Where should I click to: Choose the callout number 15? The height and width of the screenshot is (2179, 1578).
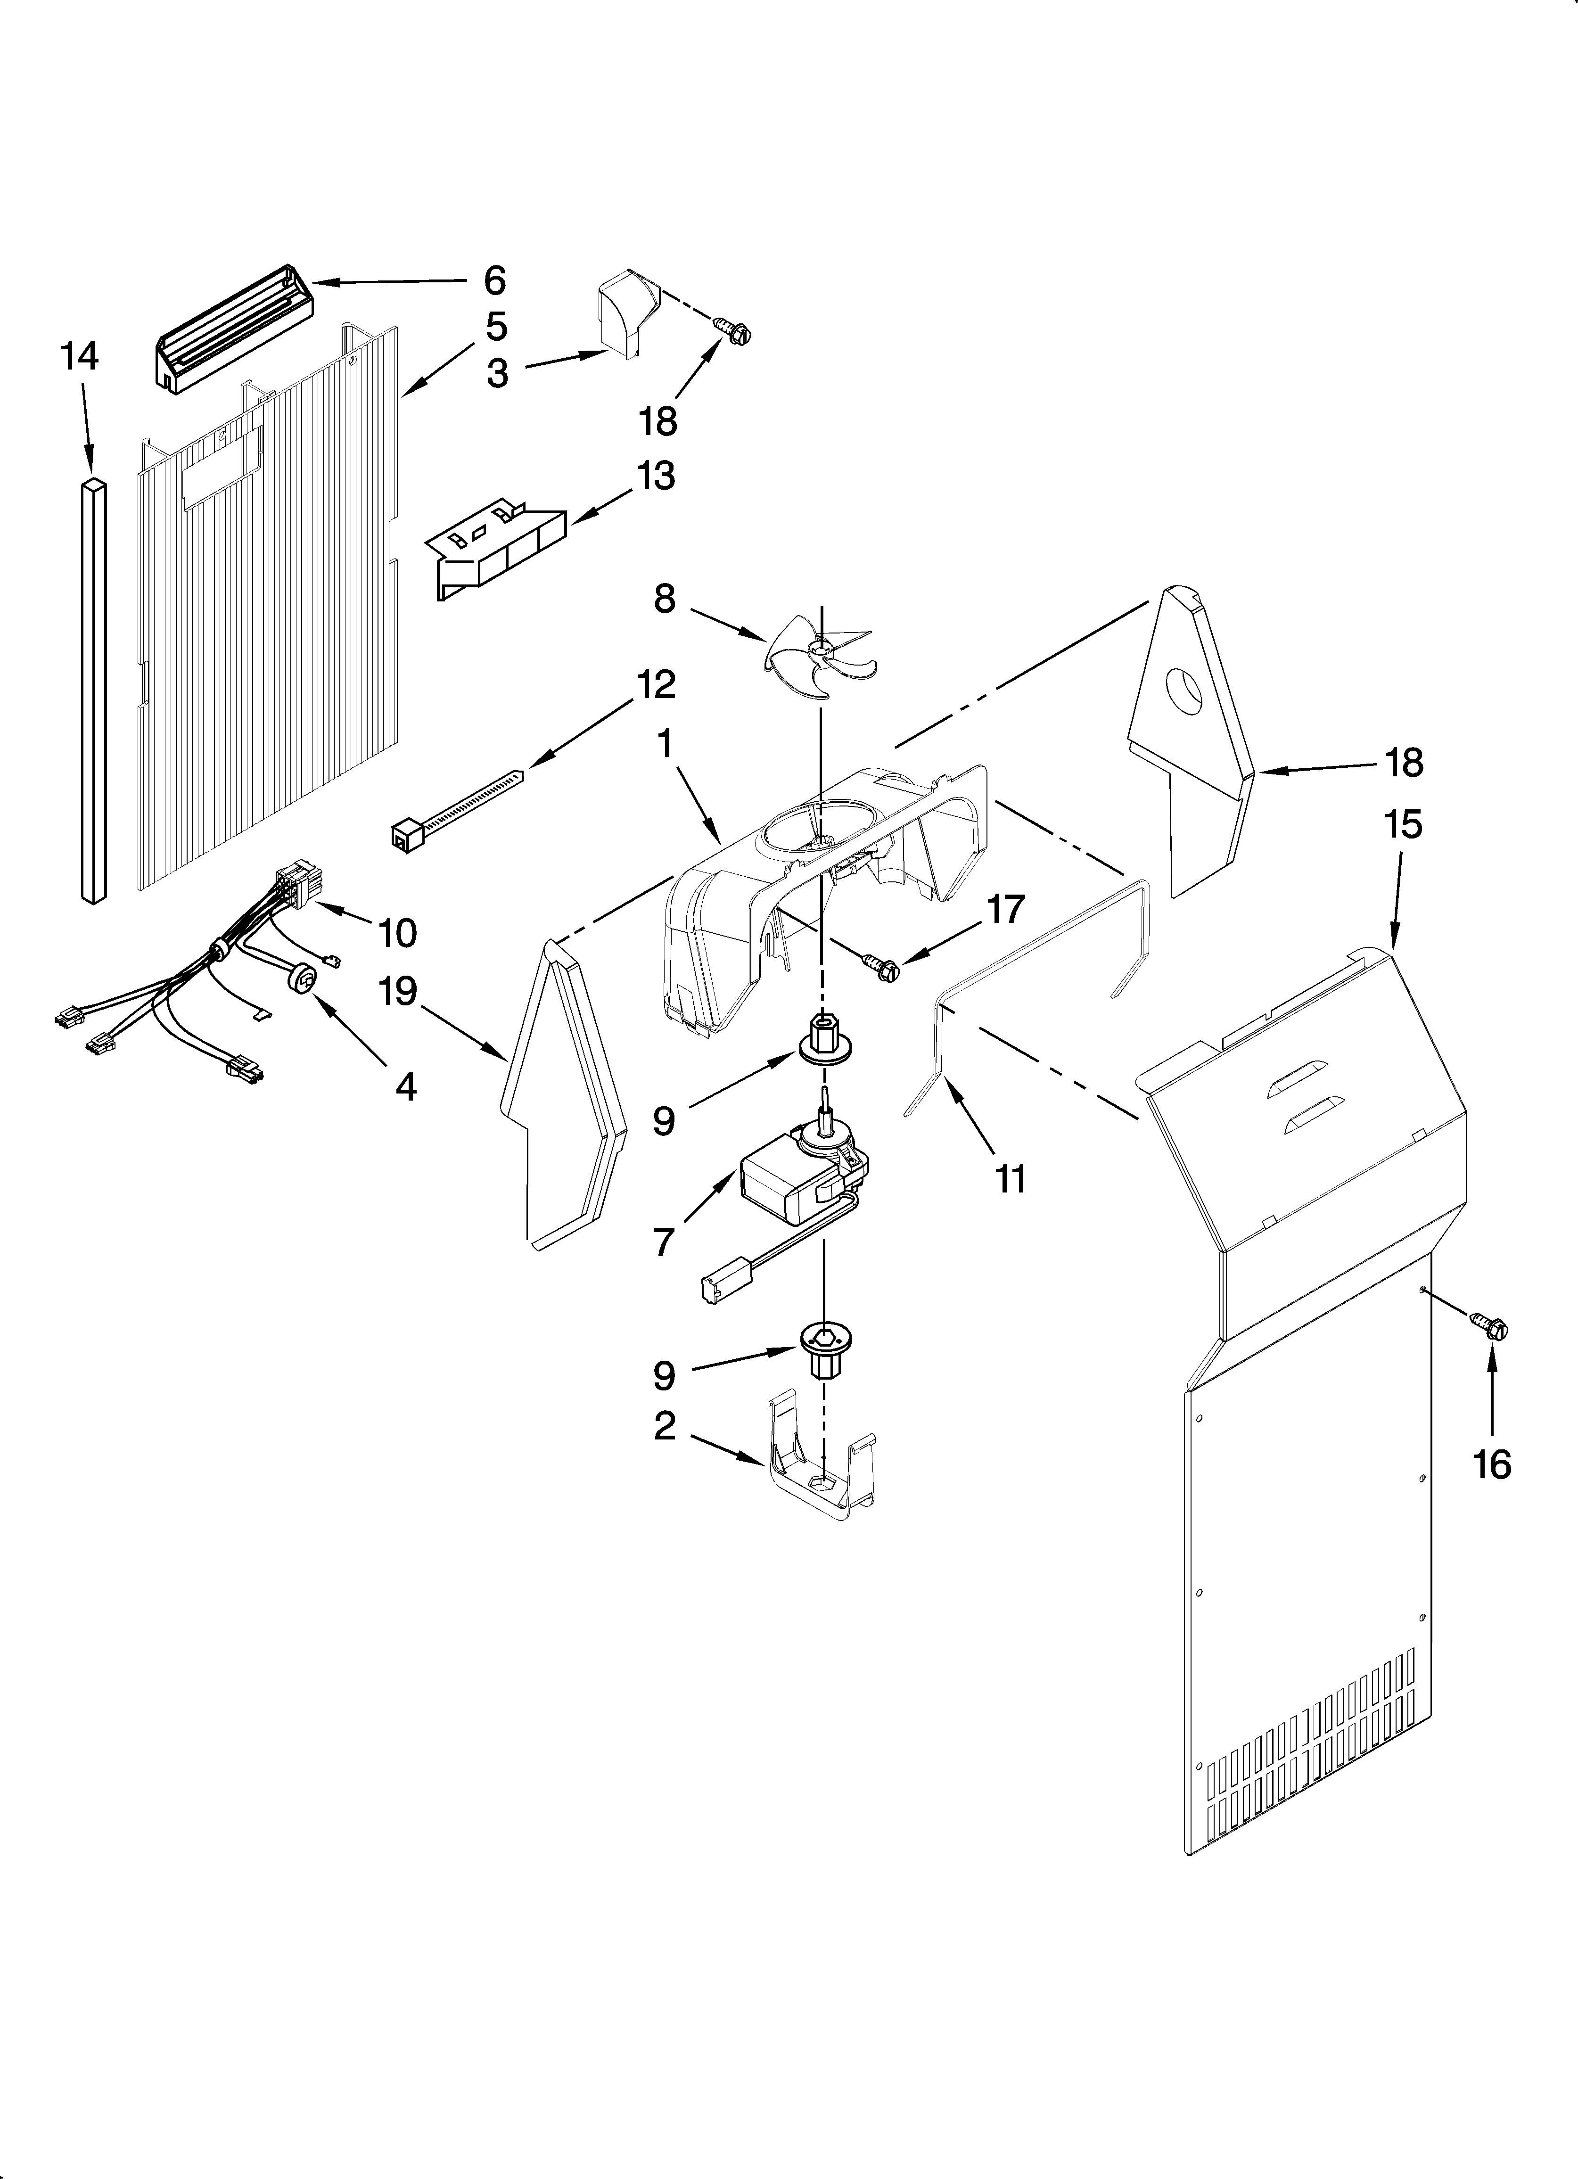[1403, 824]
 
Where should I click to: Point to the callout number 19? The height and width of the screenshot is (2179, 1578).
[397, 991]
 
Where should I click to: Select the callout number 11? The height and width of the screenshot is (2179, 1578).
[1009, 1179]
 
